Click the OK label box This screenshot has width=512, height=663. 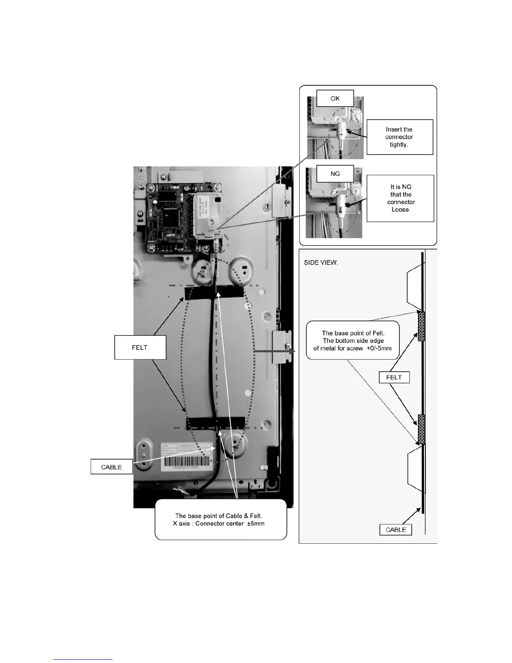(x=335, y=98)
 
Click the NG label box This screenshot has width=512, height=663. (x=335, y=173)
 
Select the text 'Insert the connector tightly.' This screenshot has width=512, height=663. (x=399, y=137)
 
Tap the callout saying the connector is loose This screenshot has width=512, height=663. (x=400, y=198)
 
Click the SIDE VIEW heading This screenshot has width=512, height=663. (x=321, y=263)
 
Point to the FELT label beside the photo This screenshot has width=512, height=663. (x=140, y=347)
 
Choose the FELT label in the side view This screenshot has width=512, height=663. (x=394, y=378)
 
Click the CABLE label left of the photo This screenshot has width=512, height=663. (x=111, y=467)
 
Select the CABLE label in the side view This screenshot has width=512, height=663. (x=395, y=530)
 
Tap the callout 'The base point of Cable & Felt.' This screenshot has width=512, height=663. (x=220, y=520)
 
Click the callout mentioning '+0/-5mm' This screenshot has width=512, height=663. (x=353, y=341)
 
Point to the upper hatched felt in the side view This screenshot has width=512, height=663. (x=421, y=326)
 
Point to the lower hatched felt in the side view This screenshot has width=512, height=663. (x=421, y=429)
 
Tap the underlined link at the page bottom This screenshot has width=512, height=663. (x=83, y=659)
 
